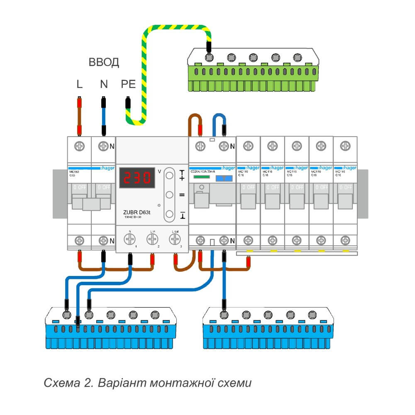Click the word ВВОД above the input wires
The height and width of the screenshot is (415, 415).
pos(104,63)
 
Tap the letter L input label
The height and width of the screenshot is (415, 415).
pos(79,85)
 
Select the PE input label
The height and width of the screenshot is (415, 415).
pos(128,85)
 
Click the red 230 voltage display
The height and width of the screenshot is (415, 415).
pos(137,178)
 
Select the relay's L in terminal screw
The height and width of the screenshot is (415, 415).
pos(152,238)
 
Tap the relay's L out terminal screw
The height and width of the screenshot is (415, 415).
pos(174,238)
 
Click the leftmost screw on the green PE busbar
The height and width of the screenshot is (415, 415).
pos(210,57)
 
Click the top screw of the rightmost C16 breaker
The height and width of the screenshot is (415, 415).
pos(345,146)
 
